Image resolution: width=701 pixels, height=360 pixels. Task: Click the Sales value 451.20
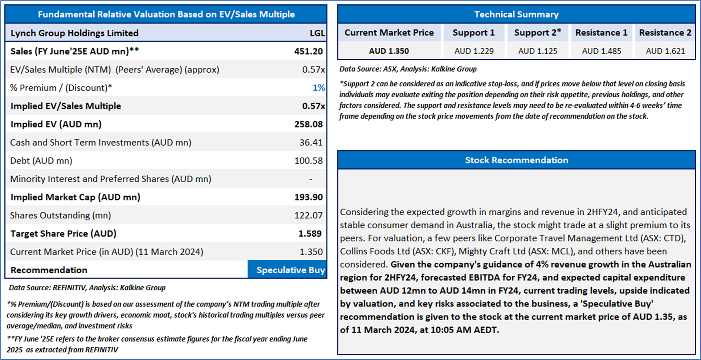(308, 51)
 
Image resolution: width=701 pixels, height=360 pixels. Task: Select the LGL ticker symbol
(317, 33)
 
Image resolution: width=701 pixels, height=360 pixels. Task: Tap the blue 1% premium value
(319, 88)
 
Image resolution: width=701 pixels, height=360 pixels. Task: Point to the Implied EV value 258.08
(308, 124)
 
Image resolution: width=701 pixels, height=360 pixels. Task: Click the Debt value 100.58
(308, 161)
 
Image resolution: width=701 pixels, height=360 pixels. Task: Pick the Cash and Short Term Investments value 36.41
(311, 143)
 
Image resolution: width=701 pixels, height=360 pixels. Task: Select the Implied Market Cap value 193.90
(308, 197)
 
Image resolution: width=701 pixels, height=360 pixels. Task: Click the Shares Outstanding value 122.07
(308, 215)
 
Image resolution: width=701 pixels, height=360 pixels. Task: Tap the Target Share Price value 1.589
(310, 234)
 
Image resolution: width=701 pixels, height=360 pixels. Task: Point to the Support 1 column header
(473, 33)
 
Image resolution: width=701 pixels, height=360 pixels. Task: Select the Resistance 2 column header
(665, 33)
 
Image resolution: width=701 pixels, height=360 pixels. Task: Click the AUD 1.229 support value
(474, 51)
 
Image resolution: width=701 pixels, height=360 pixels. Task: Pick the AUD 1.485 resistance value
(602, 51)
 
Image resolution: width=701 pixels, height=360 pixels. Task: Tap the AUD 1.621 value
(665, 51)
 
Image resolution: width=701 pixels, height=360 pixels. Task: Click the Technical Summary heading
(516, 14)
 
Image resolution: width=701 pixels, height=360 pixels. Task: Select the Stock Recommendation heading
(516, 160)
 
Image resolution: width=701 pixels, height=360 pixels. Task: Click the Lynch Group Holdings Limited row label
(75, 33)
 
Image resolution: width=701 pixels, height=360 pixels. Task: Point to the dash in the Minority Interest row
(311, 179)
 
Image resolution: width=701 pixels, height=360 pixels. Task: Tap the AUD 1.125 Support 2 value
(538, 51)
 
